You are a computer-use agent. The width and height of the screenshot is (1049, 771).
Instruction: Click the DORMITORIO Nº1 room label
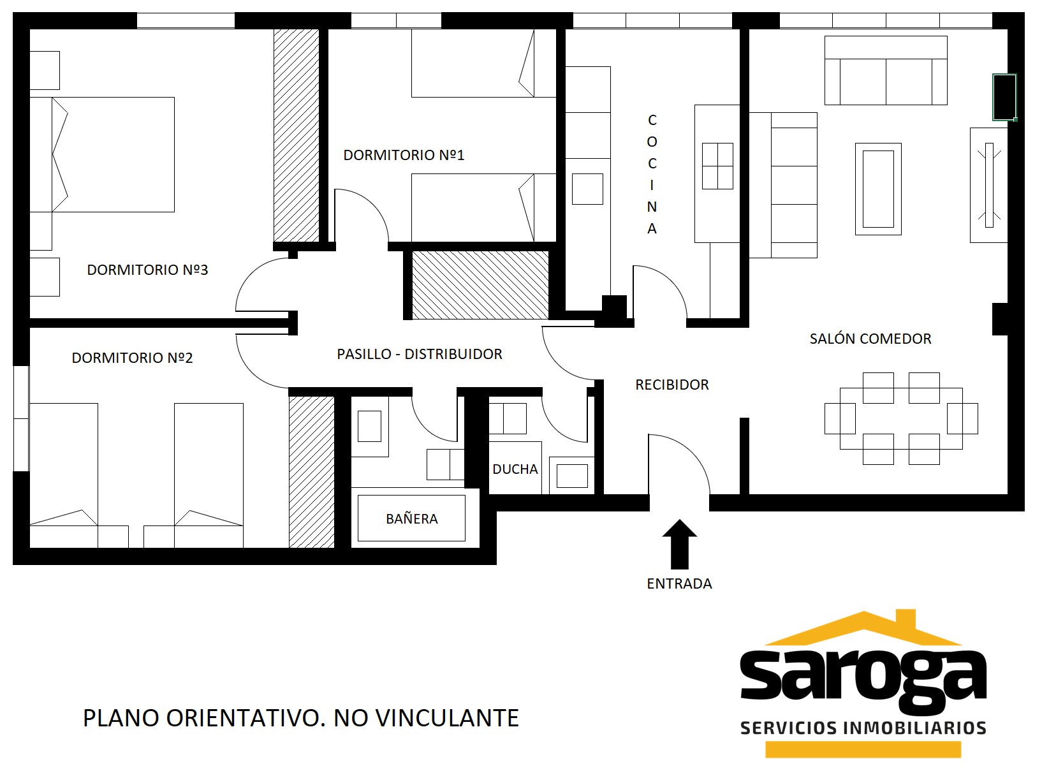click(x=404, y=155)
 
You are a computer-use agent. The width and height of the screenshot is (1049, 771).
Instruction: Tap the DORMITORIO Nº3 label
click(x=147, y=270)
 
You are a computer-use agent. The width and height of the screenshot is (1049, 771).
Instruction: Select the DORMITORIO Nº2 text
click(x=132, y=358)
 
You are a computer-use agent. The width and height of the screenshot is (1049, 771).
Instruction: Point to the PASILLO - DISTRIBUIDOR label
click(x=420, y=354)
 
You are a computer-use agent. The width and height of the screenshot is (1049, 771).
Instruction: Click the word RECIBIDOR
click(x=672, y=385)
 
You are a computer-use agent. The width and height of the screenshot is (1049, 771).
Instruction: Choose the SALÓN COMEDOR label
click(x=870, y=339)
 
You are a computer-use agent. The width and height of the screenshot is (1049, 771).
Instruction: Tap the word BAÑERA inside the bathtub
click(x=412, y=518)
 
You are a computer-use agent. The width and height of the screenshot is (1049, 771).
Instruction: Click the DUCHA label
click(x=515, y=469)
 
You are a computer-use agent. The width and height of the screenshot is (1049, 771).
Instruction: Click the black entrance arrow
click(x=680, y=544)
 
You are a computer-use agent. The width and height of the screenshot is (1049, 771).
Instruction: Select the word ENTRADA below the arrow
click(x=680, y=584)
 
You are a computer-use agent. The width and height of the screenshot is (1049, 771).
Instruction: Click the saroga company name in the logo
click(x=863, y=678)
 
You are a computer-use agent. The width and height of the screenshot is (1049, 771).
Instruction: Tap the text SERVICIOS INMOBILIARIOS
click(x=863, y=728)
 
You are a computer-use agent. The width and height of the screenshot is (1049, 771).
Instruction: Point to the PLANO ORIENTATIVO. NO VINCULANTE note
click(x=301, y=718)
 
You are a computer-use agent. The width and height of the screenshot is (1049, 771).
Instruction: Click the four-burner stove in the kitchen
click(x=717, y=166)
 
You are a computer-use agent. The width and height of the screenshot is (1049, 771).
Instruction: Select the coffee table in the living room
click(x=878, y=189)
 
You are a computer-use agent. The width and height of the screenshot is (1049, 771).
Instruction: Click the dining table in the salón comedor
click(x=901, y=418)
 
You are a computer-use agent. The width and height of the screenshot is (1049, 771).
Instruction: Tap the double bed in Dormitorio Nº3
click(x=102, y=154)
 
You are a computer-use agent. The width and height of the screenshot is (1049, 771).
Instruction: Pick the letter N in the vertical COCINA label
click(x=652, y=207)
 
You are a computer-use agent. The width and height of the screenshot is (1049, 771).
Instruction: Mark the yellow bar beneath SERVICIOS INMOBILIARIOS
click(x=863, y=749)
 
